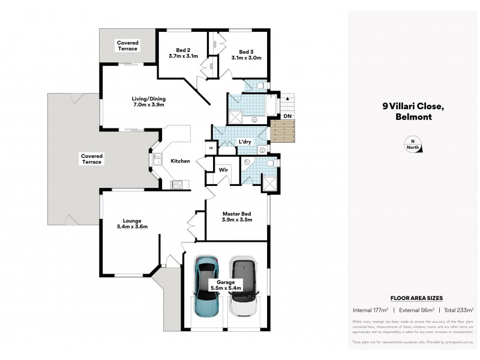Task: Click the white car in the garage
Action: coord(244,287)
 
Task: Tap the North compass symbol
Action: coord(412,144)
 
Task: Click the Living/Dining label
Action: coord(148,102)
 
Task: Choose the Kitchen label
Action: coord(180,161)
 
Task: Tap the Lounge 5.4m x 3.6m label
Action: coord(131,223)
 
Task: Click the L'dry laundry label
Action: coord(244,142)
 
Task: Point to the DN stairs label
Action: coord(287,115)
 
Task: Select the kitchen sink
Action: coord(157,160)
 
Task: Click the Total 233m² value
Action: coord(458,310)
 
